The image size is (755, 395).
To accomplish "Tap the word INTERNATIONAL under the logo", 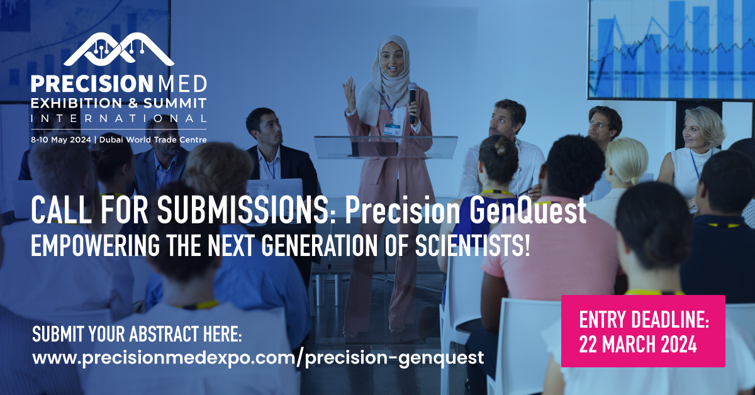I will click(x=118, y=118).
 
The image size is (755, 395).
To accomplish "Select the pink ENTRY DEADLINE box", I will click(x=643, y=331).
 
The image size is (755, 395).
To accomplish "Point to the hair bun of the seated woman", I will click(x=493, y=148).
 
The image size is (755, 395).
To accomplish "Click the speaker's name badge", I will click(x=393, y=129).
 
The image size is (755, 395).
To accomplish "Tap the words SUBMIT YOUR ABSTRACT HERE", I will click(x=137, y=333).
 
